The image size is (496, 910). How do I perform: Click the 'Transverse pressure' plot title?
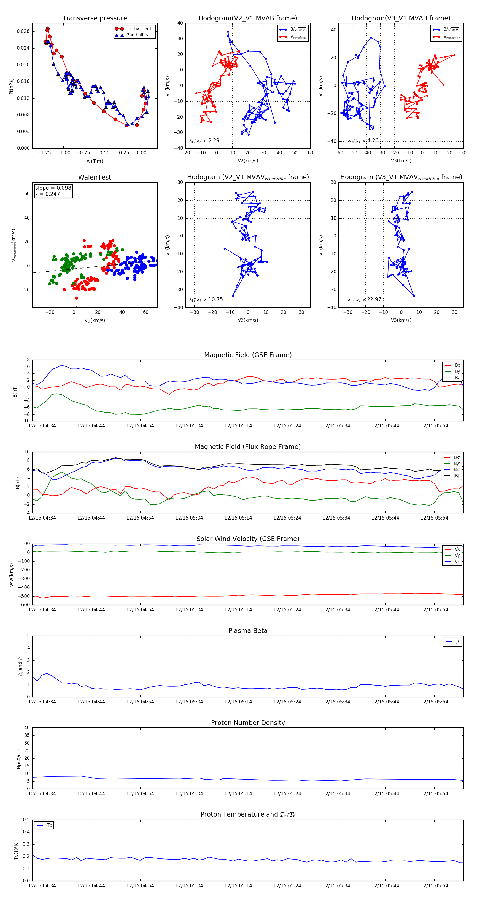coord(95,18)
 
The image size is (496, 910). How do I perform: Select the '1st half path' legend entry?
coord(139,29)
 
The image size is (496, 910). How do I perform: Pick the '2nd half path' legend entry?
coord(140,35)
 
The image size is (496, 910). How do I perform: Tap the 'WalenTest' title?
coord(95,177)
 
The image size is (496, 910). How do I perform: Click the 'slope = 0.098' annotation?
coord(53,188)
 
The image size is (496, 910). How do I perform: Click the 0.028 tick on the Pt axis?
coord(23,31)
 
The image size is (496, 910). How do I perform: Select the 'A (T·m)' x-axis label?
coord(95,161)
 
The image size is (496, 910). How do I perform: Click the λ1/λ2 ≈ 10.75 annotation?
coord(206,299)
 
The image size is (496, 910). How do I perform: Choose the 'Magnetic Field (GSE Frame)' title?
coord(248,355)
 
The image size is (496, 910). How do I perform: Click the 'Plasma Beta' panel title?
coord(248,631)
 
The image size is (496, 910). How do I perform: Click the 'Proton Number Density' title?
coord(248,723)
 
